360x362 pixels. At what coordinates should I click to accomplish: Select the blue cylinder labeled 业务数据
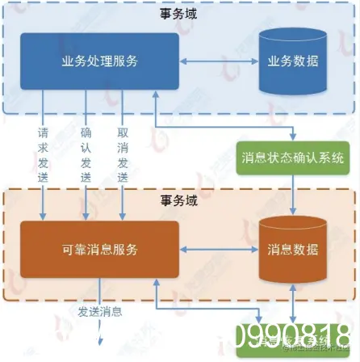pyautogui.click(x=293, y=61)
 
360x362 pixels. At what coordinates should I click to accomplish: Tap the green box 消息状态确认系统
pyautogui.click(x=292, y=157)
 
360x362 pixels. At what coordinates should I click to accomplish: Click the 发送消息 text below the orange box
pyautogui.click(x=100, y=311)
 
